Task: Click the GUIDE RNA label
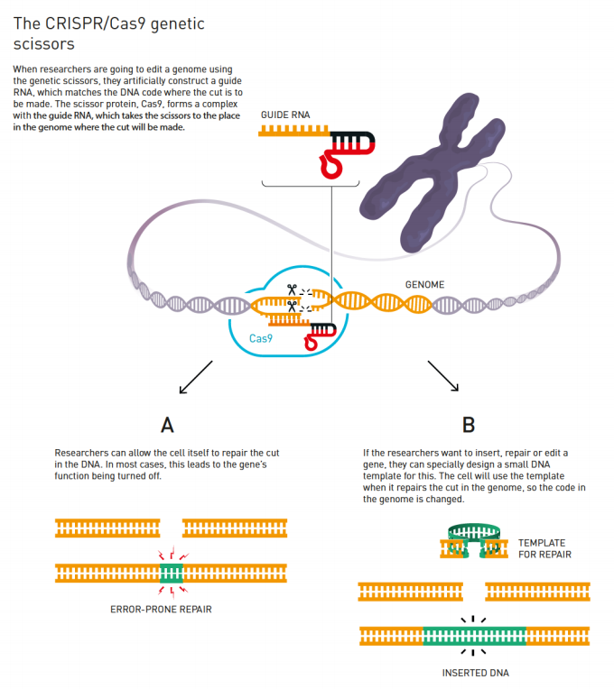[285, 115]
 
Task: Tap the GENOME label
[424, 285]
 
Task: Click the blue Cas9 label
[261, 338]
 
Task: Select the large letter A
[167, 425]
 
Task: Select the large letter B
[469, 425]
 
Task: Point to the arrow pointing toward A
[196, 377]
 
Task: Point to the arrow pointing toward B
[443, 376]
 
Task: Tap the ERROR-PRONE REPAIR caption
[161, 610]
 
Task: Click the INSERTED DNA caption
[476, 673]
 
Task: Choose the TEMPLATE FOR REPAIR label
[545, 549]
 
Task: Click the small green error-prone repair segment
[171, 574]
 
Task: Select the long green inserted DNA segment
[475, 636]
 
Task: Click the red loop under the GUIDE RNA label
[331, 166]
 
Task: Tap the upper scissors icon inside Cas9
[292, 289]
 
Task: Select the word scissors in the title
[44, 44]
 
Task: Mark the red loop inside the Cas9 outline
[311, 342]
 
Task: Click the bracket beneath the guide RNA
[311, 185]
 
